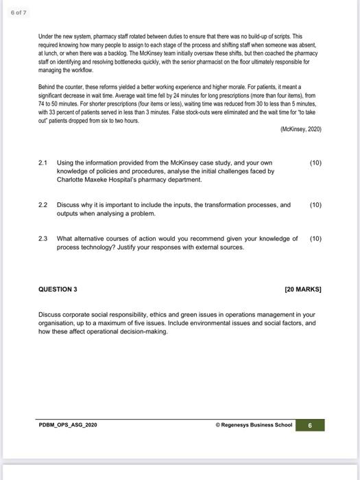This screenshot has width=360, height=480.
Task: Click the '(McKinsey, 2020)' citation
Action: click(x=301, y=129)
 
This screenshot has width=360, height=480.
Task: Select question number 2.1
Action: click(x=43, y=163)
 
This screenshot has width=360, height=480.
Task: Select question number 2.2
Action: click(x=43, y=205)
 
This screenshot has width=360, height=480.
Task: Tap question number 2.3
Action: click(x=43, y=239)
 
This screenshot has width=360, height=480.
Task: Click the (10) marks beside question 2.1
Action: click(x=315, y=163)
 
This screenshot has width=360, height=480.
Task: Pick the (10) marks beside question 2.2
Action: click(x=315, y=205)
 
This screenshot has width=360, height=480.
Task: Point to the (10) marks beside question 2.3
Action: click(x=315, y=239)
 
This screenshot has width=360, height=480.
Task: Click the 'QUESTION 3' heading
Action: click(x=58, y=289)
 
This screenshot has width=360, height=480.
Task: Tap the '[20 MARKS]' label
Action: click(x=303, y=289)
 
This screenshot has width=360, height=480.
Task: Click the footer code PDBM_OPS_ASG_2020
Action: click(x=68, y=425)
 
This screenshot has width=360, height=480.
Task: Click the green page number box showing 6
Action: click(x=310, y=425)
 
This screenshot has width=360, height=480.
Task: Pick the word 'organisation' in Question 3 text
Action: click(x=58, y=322)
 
